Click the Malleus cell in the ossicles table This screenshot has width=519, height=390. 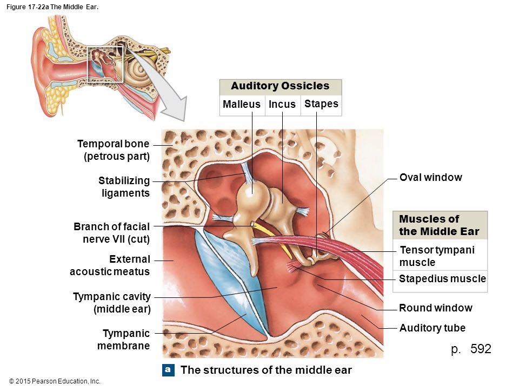[x=242, y=104]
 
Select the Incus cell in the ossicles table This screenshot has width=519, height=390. [x=282, y=104]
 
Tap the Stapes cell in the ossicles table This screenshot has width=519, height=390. [x=321, y=104]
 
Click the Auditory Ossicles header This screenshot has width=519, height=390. [x=281, y=86]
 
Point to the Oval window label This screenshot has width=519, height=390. [x=431, y=178]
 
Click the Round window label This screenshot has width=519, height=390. [x=436, y=308]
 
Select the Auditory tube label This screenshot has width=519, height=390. [x=432, y=328]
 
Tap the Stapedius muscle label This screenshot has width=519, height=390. [x=442, y=278]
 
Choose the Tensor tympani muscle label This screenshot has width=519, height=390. [x=437, y=256]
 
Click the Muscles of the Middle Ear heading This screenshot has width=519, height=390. [x=439, y=225]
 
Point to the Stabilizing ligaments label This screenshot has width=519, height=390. [x=124, y=187]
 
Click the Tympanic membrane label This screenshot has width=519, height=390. [x=123, y=340]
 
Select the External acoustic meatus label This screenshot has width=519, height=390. [x=110, y=265]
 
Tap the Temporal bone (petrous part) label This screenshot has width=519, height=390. [x=114, y=150]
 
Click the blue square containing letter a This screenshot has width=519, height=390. [x=168, y=370]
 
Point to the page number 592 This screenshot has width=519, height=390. [x=481, y=349]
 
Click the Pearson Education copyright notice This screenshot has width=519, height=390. [x=55, y=381]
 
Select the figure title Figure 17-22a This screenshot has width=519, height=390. [x=52, y=7]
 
